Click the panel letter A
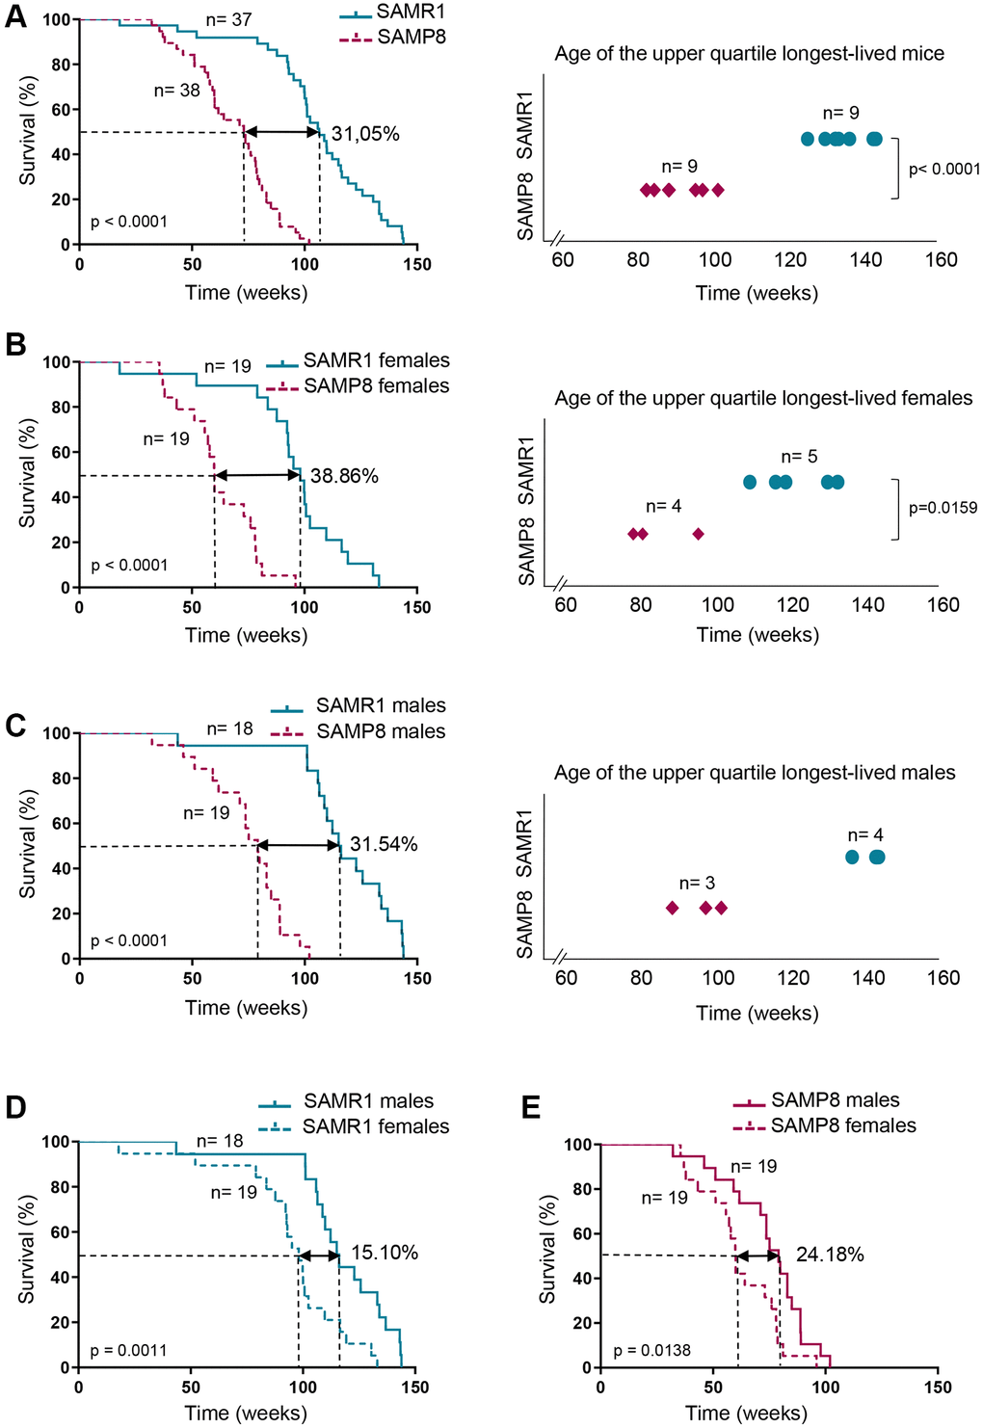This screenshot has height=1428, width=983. [15, 16]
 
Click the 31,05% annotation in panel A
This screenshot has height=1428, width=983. [365, 134]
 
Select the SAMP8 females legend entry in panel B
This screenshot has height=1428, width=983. [376, 385]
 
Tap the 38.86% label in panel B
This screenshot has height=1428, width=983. [344, 476]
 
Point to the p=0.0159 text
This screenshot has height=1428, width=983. [943, 508]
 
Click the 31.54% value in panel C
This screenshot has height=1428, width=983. [384, 845]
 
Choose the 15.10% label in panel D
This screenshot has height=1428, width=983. [385, 1253]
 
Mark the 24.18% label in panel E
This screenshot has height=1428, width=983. [830, 1255]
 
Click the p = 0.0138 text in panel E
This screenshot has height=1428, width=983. [652, 1350]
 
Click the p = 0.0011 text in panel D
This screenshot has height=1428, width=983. [128, 1350]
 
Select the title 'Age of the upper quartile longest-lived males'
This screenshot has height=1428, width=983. [755, 773]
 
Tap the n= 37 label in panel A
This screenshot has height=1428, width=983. [229, 19]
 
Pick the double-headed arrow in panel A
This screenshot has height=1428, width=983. [281, 132]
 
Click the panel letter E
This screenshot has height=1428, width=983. [530, 1108]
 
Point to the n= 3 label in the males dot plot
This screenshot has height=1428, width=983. [697, 883]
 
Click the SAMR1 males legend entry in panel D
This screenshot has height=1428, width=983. [368, 1100]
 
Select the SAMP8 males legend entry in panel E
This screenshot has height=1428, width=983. [835, 1099]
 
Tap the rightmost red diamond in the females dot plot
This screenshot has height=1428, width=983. [699, 534]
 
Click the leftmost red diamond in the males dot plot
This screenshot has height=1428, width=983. [673, 908]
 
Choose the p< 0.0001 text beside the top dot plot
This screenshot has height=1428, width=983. [944, 170]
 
